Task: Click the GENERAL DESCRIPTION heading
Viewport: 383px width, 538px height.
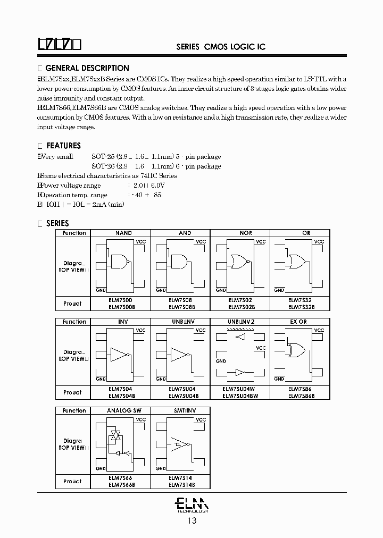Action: pyautogui.click(x=87, y=68)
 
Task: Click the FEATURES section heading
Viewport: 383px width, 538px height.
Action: pyautogui.click(x=63, y=146)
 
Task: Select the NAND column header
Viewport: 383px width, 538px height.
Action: pyautogui.click(x=123, y=233)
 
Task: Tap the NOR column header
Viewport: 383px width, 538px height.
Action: pyautogui.click(x=246, y=233)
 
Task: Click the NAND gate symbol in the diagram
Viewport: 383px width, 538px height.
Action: pyautogui.click(x=120, y=261)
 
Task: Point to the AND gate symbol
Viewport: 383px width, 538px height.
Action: pyautogui.click(x=179, y=261)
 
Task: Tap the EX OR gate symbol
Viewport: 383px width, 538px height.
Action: pyautogui.click(x=296, y=350)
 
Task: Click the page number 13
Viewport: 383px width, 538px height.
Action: pyautogui.click(x=192, y=521)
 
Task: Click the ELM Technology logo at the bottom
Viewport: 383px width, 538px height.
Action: pyautogui.click(x=192, y=503)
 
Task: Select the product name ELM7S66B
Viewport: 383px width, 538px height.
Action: pyautogui.click(x=122, y=484)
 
